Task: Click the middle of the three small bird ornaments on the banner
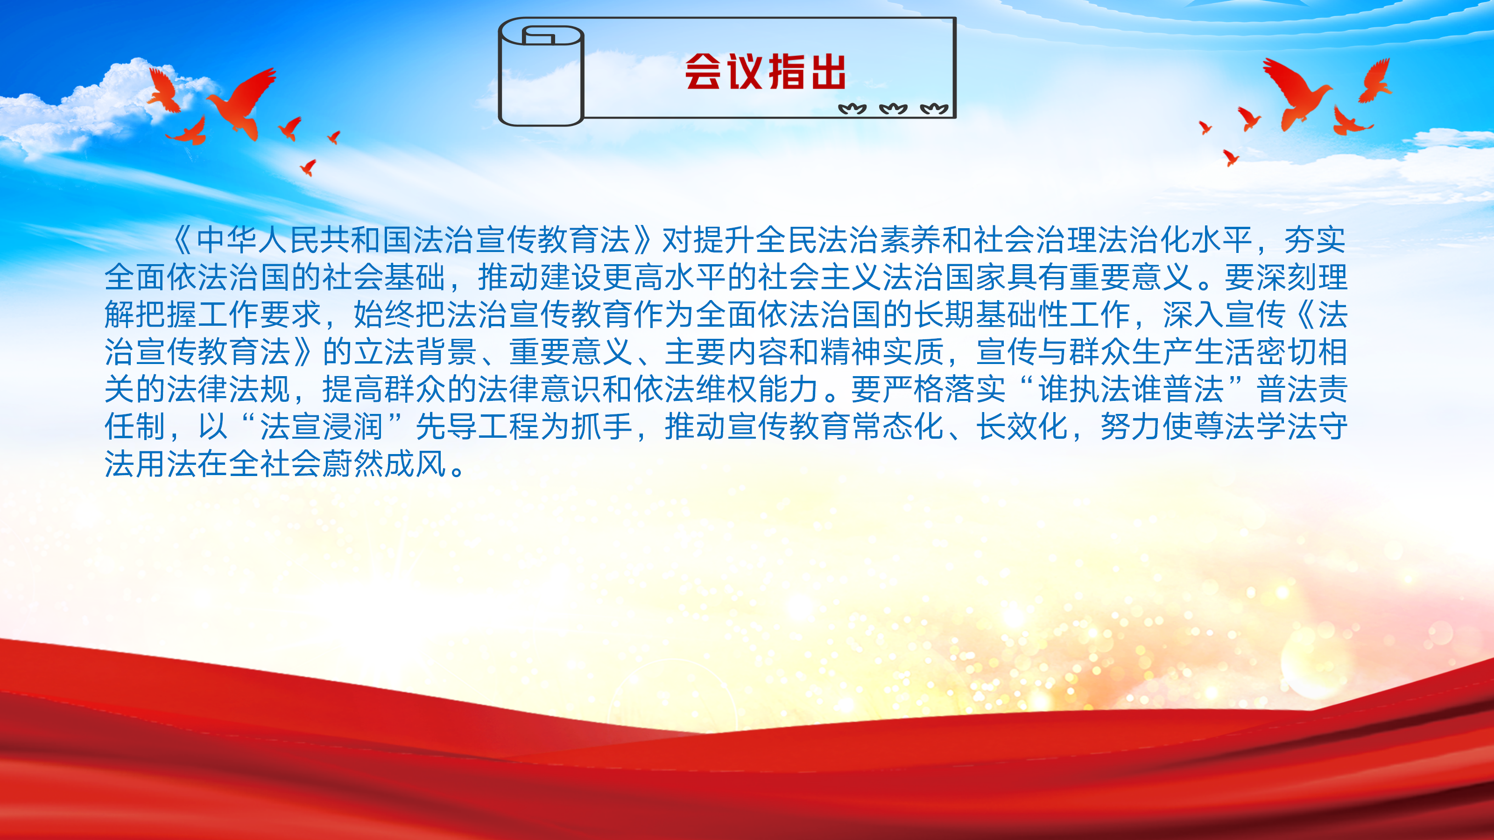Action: [893, 108]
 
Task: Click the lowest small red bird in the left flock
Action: [308, 167]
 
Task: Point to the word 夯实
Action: [1315, 240]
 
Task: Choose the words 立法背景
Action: [415, 352]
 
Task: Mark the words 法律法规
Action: [228, 389]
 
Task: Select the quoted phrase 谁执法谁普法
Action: [1130, 389]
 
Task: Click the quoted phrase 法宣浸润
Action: [322, 427]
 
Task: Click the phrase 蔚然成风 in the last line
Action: [384, 464]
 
